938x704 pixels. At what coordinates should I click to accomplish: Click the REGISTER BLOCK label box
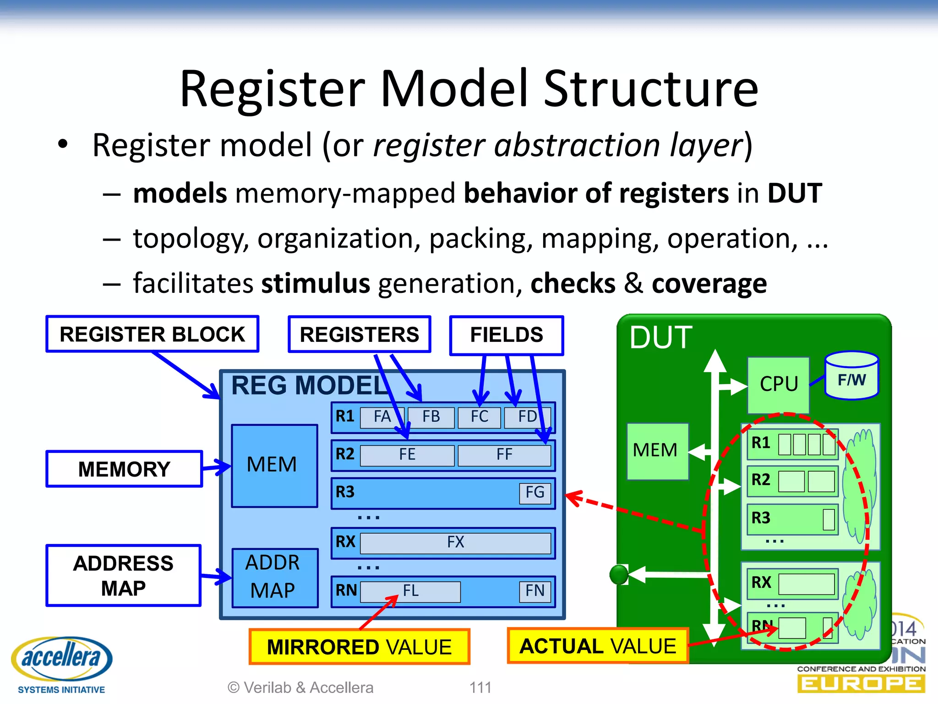click(153, 334)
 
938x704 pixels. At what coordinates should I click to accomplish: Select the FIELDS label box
click(507, 335)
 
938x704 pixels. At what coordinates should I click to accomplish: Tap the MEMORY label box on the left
click(124, 469)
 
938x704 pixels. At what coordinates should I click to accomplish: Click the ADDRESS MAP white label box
click(123, 576)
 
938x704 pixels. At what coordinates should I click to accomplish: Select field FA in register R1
click(381, 417)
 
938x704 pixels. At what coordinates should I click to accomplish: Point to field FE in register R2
click(407, 455)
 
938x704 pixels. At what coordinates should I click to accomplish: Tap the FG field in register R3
click(534, 493)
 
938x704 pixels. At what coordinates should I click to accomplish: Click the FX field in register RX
click(455, 543)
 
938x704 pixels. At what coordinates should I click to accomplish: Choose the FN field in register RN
click(534, 591)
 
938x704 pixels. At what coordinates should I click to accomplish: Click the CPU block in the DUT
click(778, 384)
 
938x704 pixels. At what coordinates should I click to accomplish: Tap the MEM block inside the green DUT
click(657, 451)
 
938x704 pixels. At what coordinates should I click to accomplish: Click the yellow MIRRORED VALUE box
click(359, 647)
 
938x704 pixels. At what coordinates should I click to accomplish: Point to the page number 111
click(480, 687)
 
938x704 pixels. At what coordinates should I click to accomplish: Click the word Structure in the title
click(651, 89)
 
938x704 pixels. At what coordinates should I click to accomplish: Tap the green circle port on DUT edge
click(619, 574)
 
